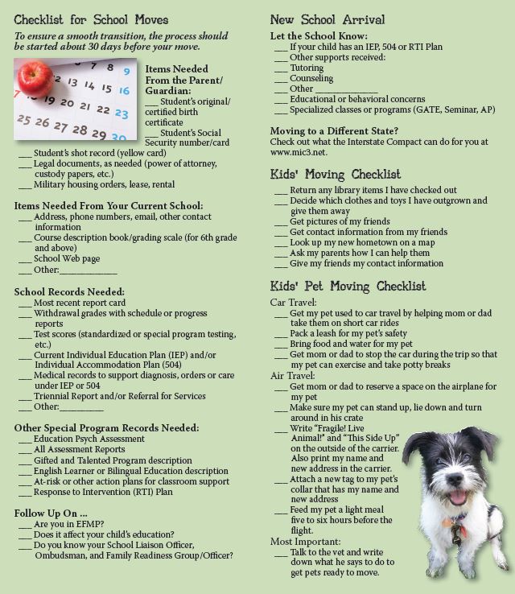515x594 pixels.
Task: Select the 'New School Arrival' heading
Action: tap(328, 19)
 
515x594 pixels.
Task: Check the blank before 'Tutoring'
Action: tap(281, 69)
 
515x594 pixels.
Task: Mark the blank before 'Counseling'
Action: tap(281, 80)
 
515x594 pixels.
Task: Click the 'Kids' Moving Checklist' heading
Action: tap(336, 175)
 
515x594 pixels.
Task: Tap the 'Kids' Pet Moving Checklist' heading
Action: tap(348, 287)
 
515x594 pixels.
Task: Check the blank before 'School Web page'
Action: tap(24, 260)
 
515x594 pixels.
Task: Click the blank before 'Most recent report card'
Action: tap(24, 303)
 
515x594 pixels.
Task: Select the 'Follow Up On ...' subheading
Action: tap(51, 513)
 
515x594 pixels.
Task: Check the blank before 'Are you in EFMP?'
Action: tap(24, 525)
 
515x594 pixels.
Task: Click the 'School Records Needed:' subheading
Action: tap(69, 291)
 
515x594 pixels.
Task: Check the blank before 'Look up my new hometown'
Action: tap(281, 243)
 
